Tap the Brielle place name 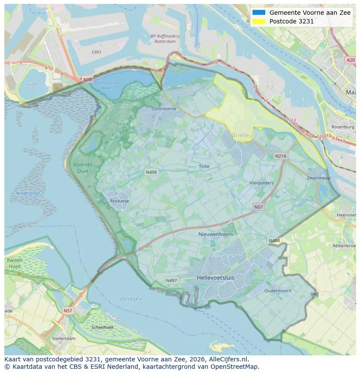pos(240,135)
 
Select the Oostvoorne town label pos(164,109)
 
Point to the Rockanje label pos(120,201)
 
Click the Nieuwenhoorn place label pos(216,234)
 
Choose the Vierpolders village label pos(262,183)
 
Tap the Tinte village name pos(204,166)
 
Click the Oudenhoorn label pos(278,291)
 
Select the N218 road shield pos(280,156)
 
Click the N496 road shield pos(151,172)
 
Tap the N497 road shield pos(171,281)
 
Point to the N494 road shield pos(274,241)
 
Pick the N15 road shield pos(87,79)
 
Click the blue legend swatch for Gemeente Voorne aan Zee pos(258,13)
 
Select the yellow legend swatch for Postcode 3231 pos(258,21)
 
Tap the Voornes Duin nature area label pos(83,168)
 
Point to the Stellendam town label pos(63,338)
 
